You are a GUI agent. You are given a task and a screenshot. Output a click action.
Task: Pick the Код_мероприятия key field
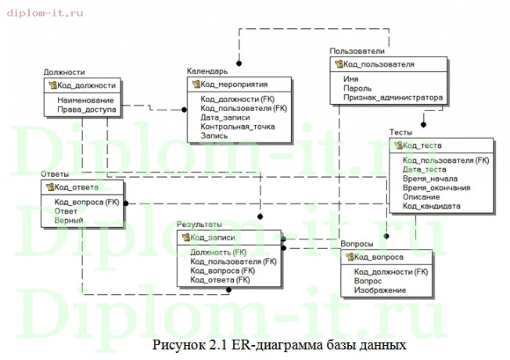tap(234, 84)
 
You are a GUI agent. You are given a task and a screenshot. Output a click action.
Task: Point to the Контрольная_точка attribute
tap(238, 126)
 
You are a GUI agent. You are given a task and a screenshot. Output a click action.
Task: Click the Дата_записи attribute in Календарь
tap(225, 117)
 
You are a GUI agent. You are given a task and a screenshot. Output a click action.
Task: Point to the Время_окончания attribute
tap(436, 188)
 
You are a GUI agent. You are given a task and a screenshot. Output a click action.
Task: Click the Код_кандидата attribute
tap(431, 206)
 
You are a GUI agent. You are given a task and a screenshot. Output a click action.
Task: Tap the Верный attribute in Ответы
tap(69, 221)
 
